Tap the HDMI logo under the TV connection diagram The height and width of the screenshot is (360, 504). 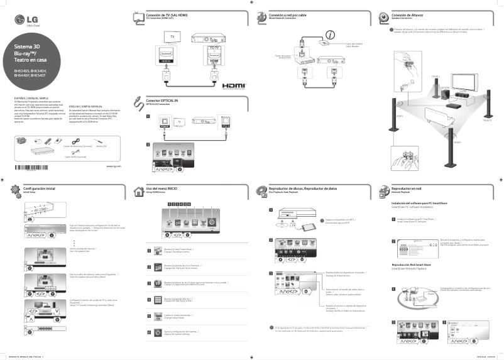[234, 84]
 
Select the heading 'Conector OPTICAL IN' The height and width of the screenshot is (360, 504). [162, 101]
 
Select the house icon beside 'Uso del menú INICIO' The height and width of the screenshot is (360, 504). [139, 191]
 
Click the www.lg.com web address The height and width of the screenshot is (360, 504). [113, 166]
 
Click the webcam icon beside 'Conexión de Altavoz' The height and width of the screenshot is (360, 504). [384, 16]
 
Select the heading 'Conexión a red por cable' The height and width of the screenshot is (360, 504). [288, 14]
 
